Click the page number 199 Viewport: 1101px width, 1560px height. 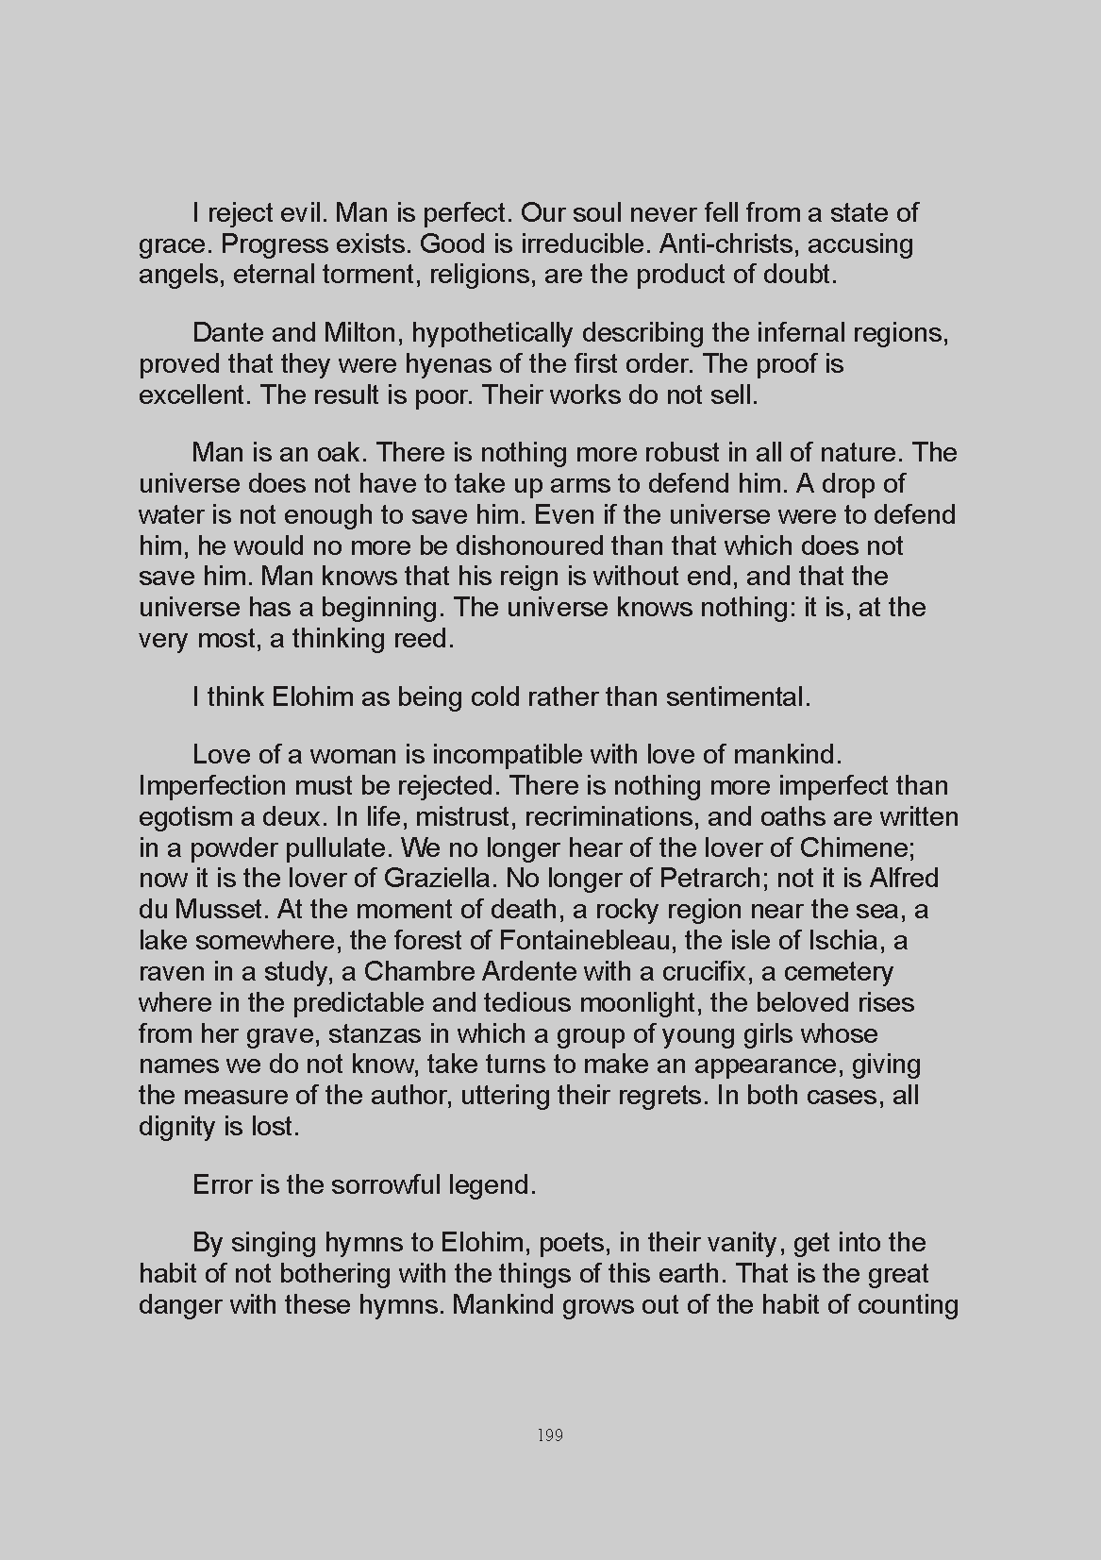[549, 1435]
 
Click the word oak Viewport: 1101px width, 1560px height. [344, 453]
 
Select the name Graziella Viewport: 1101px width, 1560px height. [439, 879]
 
